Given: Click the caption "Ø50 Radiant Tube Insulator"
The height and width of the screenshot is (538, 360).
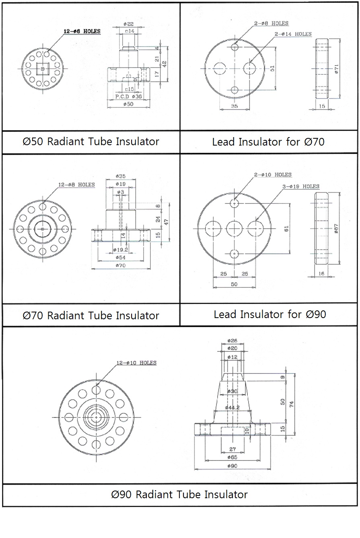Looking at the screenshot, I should coord(91,142).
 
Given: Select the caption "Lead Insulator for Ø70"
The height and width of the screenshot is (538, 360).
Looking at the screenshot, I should coord(268,142).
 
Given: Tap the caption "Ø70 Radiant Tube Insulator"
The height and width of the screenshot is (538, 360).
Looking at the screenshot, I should coord(91,315).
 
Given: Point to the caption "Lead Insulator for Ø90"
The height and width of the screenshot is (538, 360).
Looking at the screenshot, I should coord(270,314).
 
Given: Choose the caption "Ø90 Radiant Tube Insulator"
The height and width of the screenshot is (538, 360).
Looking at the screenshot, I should coord(179,494).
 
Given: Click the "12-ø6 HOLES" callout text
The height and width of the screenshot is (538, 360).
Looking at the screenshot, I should coord(82,31).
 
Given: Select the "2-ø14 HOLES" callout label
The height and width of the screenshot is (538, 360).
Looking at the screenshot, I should coord(293,34).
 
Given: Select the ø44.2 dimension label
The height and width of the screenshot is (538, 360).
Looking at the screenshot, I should coord(232,407).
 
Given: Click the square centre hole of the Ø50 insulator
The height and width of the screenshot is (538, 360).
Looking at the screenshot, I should coord(42,69).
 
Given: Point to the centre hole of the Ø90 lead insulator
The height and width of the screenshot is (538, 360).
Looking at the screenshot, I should coord(235,229).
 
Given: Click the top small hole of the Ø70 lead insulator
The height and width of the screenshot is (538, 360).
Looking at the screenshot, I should coord(235,47).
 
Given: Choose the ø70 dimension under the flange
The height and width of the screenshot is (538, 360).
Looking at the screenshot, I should coord(120,265).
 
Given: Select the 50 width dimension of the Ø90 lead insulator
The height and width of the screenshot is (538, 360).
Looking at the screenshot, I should coord(234,284).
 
